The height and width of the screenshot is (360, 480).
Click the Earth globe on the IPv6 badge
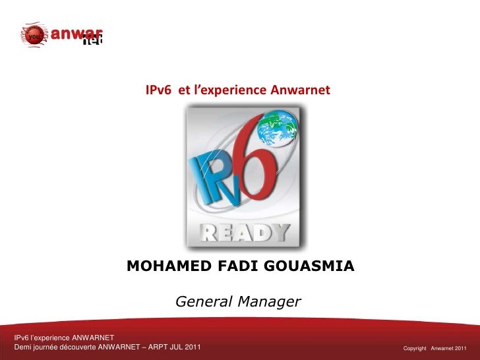[x=278, y=129]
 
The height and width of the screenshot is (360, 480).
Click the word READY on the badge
[x=245, y=233]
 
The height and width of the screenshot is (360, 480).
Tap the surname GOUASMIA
[x=309, y=266]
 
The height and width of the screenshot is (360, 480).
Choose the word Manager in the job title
[x=270, y=303]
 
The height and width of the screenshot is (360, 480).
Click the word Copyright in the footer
[x=415, y=347]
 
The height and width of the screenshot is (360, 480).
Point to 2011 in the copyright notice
[x=460, y=347]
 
